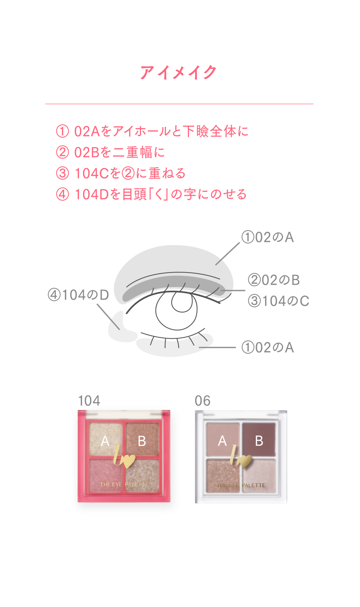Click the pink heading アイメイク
click(178, 72)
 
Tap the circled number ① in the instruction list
click(62, 131)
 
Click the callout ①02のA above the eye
click(267, 238)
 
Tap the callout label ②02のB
click(274, 280)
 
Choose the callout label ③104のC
click(278, 301)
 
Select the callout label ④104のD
click(78, 295)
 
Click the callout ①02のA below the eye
click(267, 348)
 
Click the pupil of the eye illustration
click(182, 302)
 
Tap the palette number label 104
click(89, 401)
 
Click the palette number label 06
click(202, 401)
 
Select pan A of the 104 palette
click(105, 440)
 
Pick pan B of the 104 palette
click(142, 440)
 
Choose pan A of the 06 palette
click(223, 440)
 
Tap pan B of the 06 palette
click(259, 440)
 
